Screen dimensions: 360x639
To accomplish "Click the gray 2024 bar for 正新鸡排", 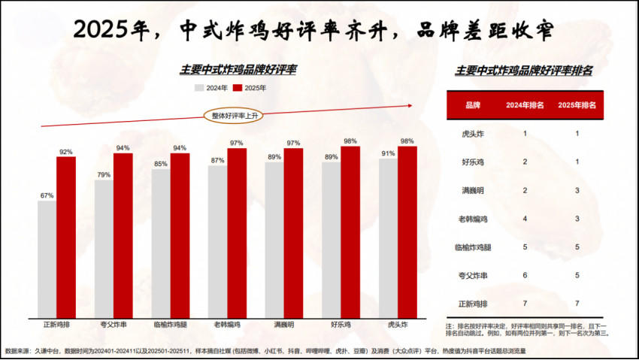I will coord(47,259).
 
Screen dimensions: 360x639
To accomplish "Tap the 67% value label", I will coord(47,195).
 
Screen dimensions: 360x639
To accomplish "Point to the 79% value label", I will coord(104,175).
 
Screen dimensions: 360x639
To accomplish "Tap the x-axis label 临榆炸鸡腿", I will coord(170,325).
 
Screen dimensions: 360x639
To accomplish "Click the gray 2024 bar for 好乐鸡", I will coord(331,240).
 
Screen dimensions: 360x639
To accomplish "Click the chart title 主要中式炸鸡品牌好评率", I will coord(238,69).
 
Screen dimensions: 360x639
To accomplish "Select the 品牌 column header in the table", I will coord(473,105).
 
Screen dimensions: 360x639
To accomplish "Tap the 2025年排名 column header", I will coord(577,105).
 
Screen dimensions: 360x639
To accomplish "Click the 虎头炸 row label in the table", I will coord(473,133).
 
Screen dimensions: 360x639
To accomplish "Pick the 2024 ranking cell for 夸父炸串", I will coord(524,274).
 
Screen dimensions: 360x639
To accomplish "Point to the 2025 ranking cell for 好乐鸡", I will coord(577,162).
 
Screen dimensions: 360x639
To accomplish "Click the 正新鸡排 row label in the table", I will coord(473,303).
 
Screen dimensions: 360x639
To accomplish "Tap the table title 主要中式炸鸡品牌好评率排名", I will coord(524,70).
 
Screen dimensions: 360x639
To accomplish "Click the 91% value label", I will coord(388,153).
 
